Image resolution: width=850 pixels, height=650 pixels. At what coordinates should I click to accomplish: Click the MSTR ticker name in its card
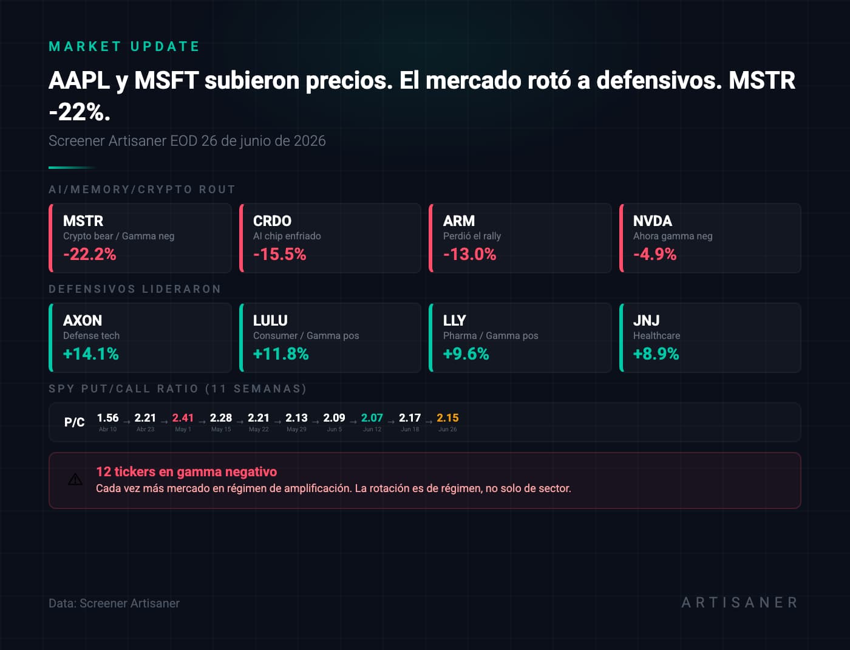tap(83, 221)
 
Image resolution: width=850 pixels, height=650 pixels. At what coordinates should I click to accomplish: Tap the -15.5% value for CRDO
tap(280, 255)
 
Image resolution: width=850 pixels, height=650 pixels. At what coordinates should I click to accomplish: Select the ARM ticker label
tap(459, 221)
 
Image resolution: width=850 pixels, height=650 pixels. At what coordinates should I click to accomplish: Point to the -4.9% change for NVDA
tap(655, 255)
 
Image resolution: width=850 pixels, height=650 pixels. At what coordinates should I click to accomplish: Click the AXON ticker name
tap(83, 320)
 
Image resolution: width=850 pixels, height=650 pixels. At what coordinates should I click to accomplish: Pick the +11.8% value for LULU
tap(280, 354)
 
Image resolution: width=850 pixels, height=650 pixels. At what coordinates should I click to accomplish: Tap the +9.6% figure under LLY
tap(466, 354)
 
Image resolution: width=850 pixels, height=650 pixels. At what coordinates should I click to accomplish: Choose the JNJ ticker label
tap(647, 320)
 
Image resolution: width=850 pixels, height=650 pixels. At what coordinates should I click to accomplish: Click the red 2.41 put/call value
tap(183, 418)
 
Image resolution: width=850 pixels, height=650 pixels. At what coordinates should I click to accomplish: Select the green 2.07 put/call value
tap(372, 418)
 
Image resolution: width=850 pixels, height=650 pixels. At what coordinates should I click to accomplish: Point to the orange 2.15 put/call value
tap(447, 418)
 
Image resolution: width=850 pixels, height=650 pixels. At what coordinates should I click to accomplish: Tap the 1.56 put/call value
tap(107, 418)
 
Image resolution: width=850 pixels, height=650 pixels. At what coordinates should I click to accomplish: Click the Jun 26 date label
tap(447, 429)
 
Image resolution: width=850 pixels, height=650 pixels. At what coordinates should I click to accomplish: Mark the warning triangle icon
tap(75, 479)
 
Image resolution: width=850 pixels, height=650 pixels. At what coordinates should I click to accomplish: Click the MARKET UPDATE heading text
tap(124, 47)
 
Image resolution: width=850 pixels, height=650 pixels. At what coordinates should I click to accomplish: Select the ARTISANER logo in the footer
tap(739, 603)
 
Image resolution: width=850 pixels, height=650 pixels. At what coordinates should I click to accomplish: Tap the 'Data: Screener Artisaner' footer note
tap(114, 603)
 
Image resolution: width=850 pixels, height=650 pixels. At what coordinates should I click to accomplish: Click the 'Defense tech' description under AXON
tap(92, 335)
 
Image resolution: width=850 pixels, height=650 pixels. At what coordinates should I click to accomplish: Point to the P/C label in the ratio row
tap(74, 422)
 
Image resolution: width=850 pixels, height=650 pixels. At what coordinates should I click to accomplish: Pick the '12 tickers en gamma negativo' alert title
tap(186, 472)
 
